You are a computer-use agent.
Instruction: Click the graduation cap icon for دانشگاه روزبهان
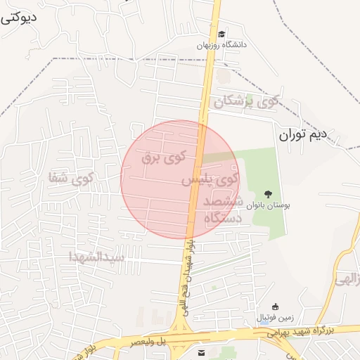222,34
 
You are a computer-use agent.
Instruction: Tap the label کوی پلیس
209,180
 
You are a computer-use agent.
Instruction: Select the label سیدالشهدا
96,257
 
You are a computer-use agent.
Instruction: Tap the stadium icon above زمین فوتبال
275,306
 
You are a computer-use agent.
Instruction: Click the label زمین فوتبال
275,318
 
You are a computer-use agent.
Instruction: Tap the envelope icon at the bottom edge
202,352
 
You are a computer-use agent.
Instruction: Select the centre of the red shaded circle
180,180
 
